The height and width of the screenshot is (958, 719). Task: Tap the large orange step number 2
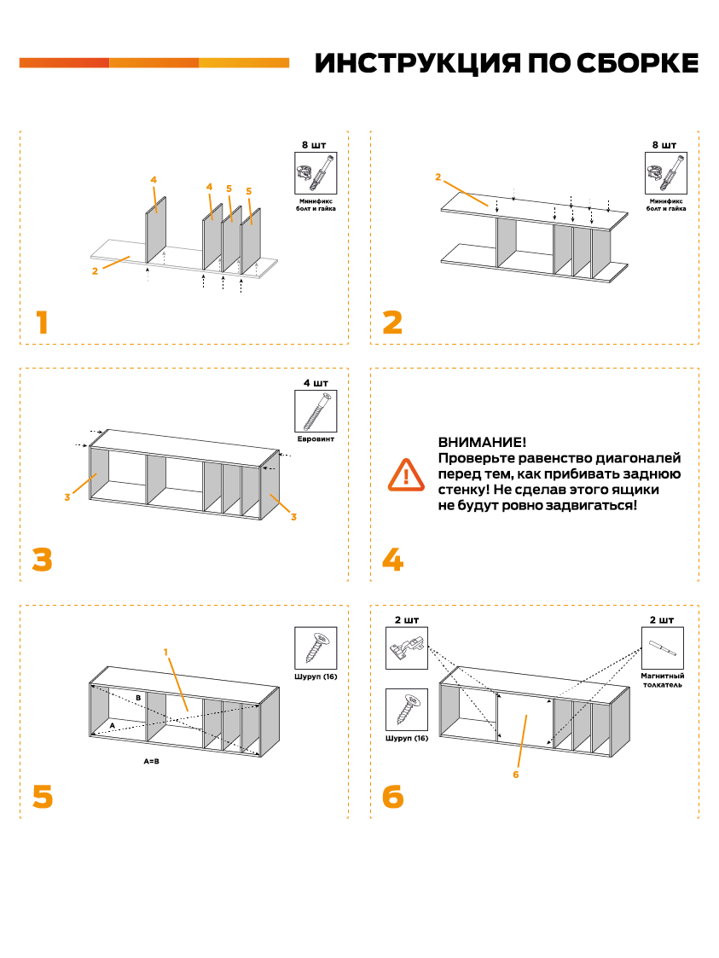[392, 323]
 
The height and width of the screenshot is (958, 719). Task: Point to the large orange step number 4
[392, 560]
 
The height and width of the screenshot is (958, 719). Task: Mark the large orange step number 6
[392, 796]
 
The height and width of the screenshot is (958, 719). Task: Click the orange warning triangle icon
[409, 474]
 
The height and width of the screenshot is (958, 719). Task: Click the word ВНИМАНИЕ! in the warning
[481, 443]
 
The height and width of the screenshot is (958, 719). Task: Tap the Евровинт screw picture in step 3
[316, 412]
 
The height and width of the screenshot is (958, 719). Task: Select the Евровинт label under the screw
[316, 440]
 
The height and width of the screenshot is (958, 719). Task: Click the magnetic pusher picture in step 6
[663, 648]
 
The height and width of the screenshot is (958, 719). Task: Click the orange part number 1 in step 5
[166, 652]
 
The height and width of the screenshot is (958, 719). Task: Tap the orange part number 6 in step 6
[515, 775]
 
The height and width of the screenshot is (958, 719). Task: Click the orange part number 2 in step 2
[438, 177]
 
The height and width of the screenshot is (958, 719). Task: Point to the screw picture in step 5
[316, 648]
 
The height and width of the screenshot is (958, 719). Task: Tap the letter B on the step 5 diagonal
[138, 697]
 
